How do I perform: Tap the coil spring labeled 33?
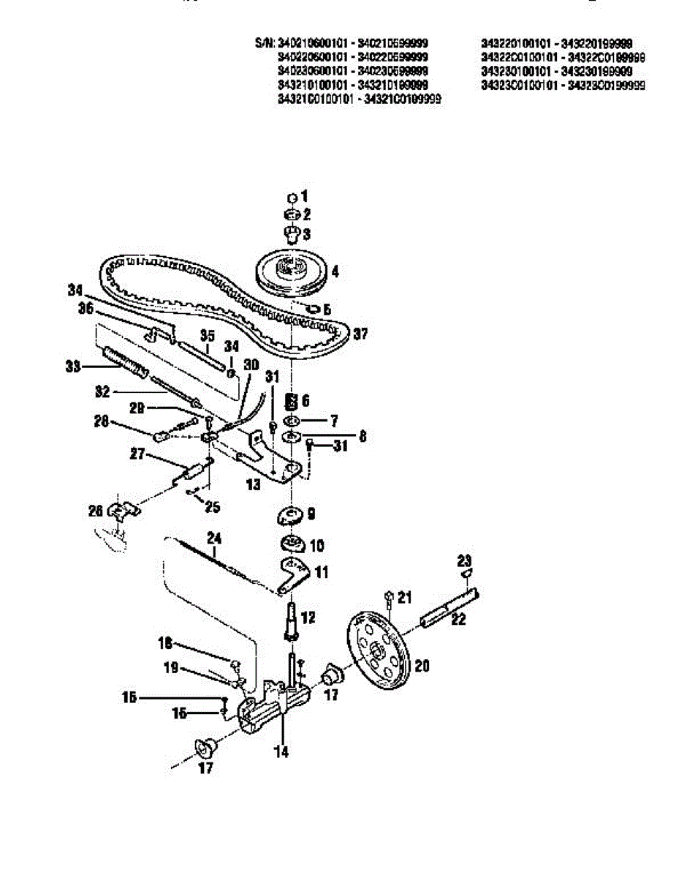(x=126, y=361)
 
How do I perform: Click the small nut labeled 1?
(x=291, y=198)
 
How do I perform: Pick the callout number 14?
(x=281, y=751)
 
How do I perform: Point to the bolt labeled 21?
(x=389, y=599)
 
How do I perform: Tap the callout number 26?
(x=96, y=511)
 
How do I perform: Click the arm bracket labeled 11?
(x=292, y=574)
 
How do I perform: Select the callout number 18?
(x=165, y=643)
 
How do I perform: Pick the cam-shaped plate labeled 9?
(x=291, y=516)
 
